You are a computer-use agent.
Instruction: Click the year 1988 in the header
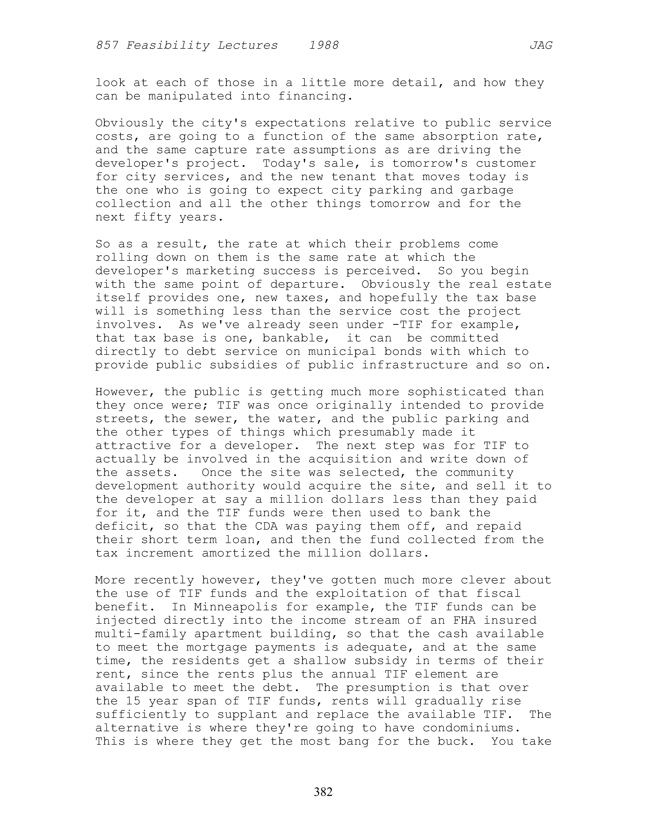click(324, 46)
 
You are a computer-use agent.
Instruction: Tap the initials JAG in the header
click(541, 46)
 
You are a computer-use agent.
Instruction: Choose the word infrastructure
click(415, 365)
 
